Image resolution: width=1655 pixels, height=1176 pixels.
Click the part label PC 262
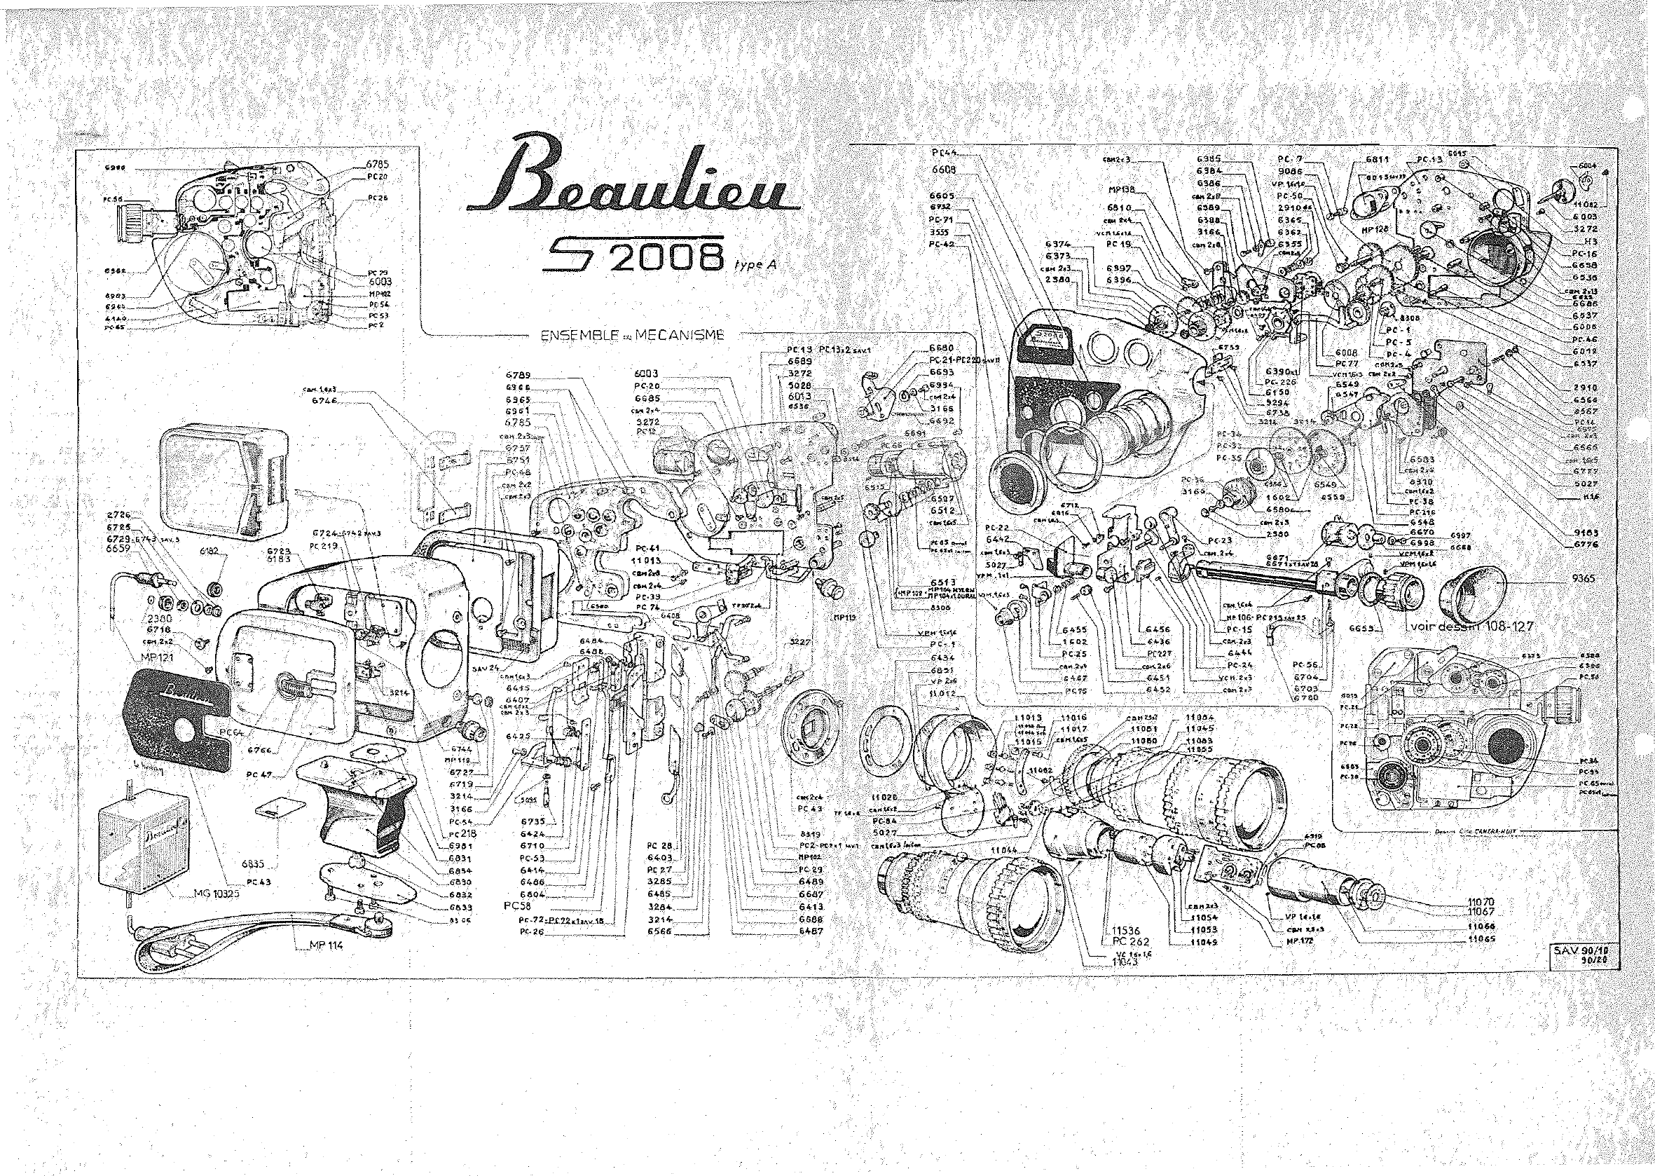point(1125,942)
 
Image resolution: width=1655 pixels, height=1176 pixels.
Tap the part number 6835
point(257,864)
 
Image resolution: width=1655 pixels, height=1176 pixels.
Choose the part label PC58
point(521,905)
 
